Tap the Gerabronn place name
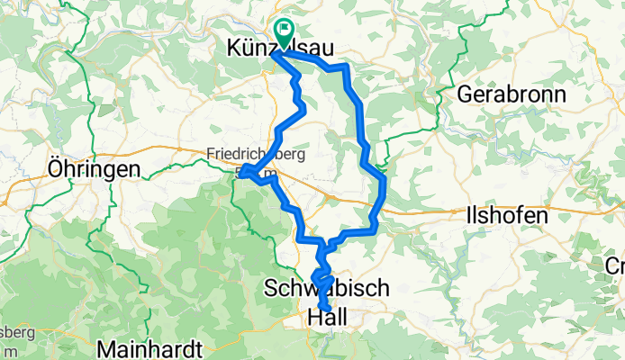click(x=512, y=94)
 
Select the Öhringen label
click(x=95, y=169)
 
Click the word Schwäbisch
click(x=328, y=289)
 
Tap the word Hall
click(x=328, y=317)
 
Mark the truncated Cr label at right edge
click(x=615, y=266)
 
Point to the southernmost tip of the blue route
click(x=325, y=339)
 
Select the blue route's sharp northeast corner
click(x=347, y=67)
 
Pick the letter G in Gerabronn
click(x=466, y=94)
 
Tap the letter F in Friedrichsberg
click(x=211, y=154)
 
